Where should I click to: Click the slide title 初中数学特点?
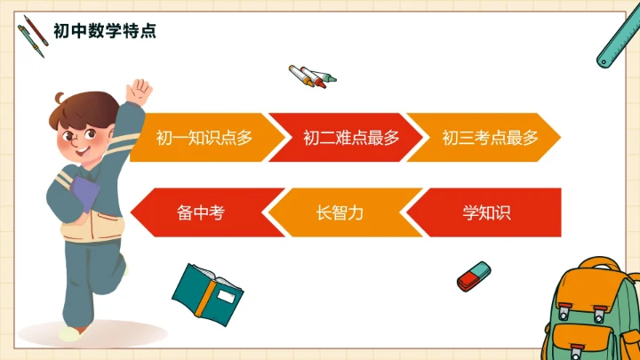tap(104, 31)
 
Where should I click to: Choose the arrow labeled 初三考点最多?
tap(489, 138)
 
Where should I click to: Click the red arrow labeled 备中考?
tap(199, 213)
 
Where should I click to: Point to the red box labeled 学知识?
tap(485, 213)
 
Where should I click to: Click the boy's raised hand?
tap(139, 91)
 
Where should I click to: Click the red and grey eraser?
tap(474, 276)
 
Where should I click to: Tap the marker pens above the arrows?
tap(312, 76)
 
